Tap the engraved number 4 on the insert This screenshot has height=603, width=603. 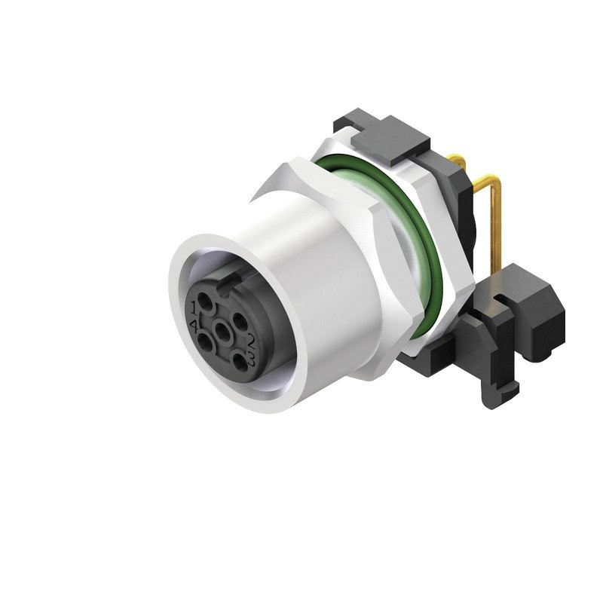click(194, 326)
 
